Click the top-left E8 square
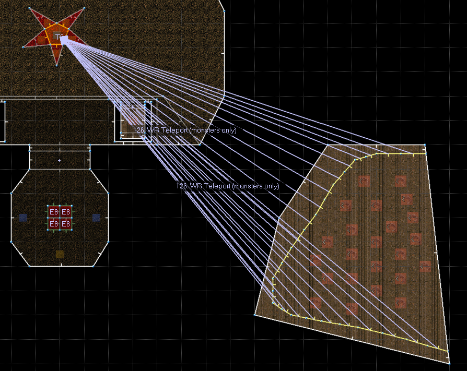(53, 212)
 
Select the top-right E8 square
(66, 212)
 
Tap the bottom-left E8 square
(53, 224)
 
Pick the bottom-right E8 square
(66, 224)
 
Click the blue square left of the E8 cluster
(23, 218)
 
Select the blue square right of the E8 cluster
(96, 218)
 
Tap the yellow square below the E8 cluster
(60, 254)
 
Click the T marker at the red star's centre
(59, 37)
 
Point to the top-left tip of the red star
(29, 8)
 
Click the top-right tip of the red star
(84, 8)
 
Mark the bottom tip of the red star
(56, 65)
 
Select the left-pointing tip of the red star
(24, 47)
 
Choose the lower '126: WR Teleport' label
(227, 186)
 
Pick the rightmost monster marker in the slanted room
(425, 266)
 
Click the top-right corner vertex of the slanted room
(425, 145)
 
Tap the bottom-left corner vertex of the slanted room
(255, 315)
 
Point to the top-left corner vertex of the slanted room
(328, 145)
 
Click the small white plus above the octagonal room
(59, 160)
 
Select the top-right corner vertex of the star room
(224, 10)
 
